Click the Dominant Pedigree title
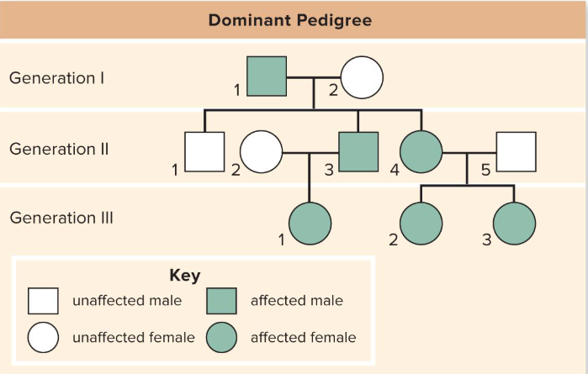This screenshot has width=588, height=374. click(290, 18)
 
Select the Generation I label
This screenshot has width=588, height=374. click(57, 78)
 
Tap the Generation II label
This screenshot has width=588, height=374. click(59, 149)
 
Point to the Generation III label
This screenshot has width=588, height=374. click(61, 218)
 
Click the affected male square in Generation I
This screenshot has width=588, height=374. click(267, 77)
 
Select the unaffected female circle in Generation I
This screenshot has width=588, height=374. click(362, 77)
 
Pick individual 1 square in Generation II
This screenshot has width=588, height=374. click(204, 152)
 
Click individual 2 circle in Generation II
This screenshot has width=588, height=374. click(261, 152)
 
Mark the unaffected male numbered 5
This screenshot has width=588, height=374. click(516, 152)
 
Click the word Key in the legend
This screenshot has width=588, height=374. click(185, 276)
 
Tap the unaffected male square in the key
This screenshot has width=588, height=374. click(43, 301)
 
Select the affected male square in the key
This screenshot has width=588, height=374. click(221, 301)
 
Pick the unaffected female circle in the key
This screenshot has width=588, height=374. click(43, 338)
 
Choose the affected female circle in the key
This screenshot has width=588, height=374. click(221, 338)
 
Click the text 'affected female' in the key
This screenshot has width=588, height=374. click(303, 338)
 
